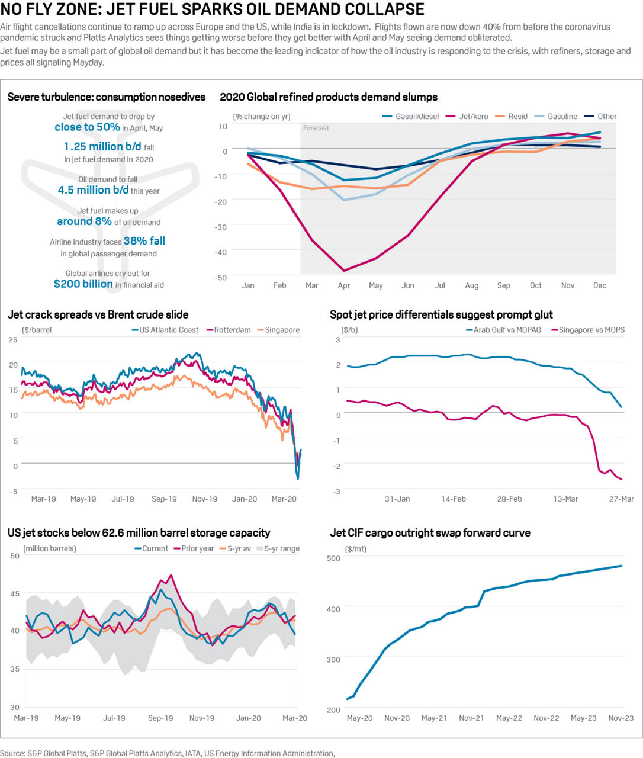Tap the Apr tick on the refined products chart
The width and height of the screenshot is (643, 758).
coord(343,285)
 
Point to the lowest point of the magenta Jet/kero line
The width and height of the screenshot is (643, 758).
coord(344,271)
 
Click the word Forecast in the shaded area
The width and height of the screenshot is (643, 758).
coord(316,128)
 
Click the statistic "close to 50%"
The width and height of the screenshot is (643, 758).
coord(87,127)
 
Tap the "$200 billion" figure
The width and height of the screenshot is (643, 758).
coord(83,284)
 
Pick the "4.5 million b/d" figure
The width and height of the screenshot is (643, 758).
coord(93,190)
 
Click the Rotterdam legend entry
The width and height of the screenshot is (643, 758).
coord(232,330)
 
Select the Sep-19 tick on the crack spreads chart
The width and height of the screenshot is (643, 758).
coord(164,499)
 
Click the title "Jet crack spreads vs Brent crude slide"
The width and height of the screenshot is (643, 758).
coord(98,314)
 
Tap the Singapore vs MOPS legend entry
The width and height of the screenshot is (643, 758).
coord(591,330)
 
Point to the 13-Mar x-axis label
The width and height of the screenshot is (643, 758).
coord(565,499)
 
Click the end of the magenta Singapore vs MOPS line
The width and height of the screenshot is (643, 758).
coord(621,478)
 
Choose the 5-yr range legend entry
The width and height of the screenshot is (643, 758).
coord(281,548)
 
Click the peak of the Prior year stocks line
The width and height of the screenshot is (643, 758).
coord(171,574)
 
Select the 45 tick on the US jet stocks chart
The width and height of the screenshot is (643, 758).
coord(14,594)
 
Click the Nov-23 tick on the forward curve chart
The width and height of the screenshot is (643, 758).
coord(621,718)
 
